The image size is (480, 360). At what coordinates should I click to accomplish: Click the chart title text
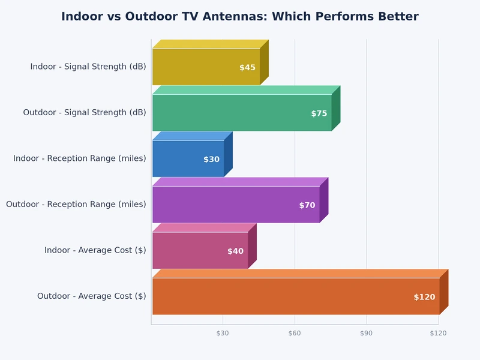coord(240,17)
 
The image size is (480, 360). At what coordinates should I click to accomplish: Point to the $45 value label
coord(247,68)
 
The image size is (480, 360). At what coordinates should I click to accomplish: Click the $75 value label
coord(319,113)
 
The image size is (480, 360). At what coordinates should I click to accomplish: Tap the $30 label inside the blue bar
coord(211,160)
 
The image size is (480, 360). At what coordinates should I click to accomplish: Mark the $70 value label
coord(307,205)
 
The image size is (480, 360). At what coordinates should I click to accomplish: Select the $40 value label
coord(235,251)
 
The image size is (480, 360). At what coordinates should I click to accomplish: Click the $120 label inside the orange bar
coord(424,297)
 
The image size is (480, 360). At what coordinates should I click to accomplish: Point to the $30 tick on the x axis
coord(223,333)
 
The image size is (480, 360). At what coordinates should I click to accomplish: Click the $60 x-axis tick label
coord(295,333)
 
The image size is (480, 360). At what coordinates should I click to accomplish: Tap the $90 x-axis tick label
coord(367,333)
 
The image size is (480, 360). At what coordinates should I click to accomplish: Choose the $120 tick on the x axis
coord(438,333)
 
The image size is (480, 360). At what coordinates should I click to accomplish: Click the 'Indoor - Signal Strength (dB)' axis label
coord(88,67)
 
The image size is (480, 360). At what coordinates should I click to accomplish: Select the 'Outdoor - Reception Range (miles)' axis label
coord(76,205)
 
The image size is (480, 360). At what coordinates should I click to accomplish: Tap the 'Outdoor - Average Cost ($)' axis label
coord(91,296)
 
